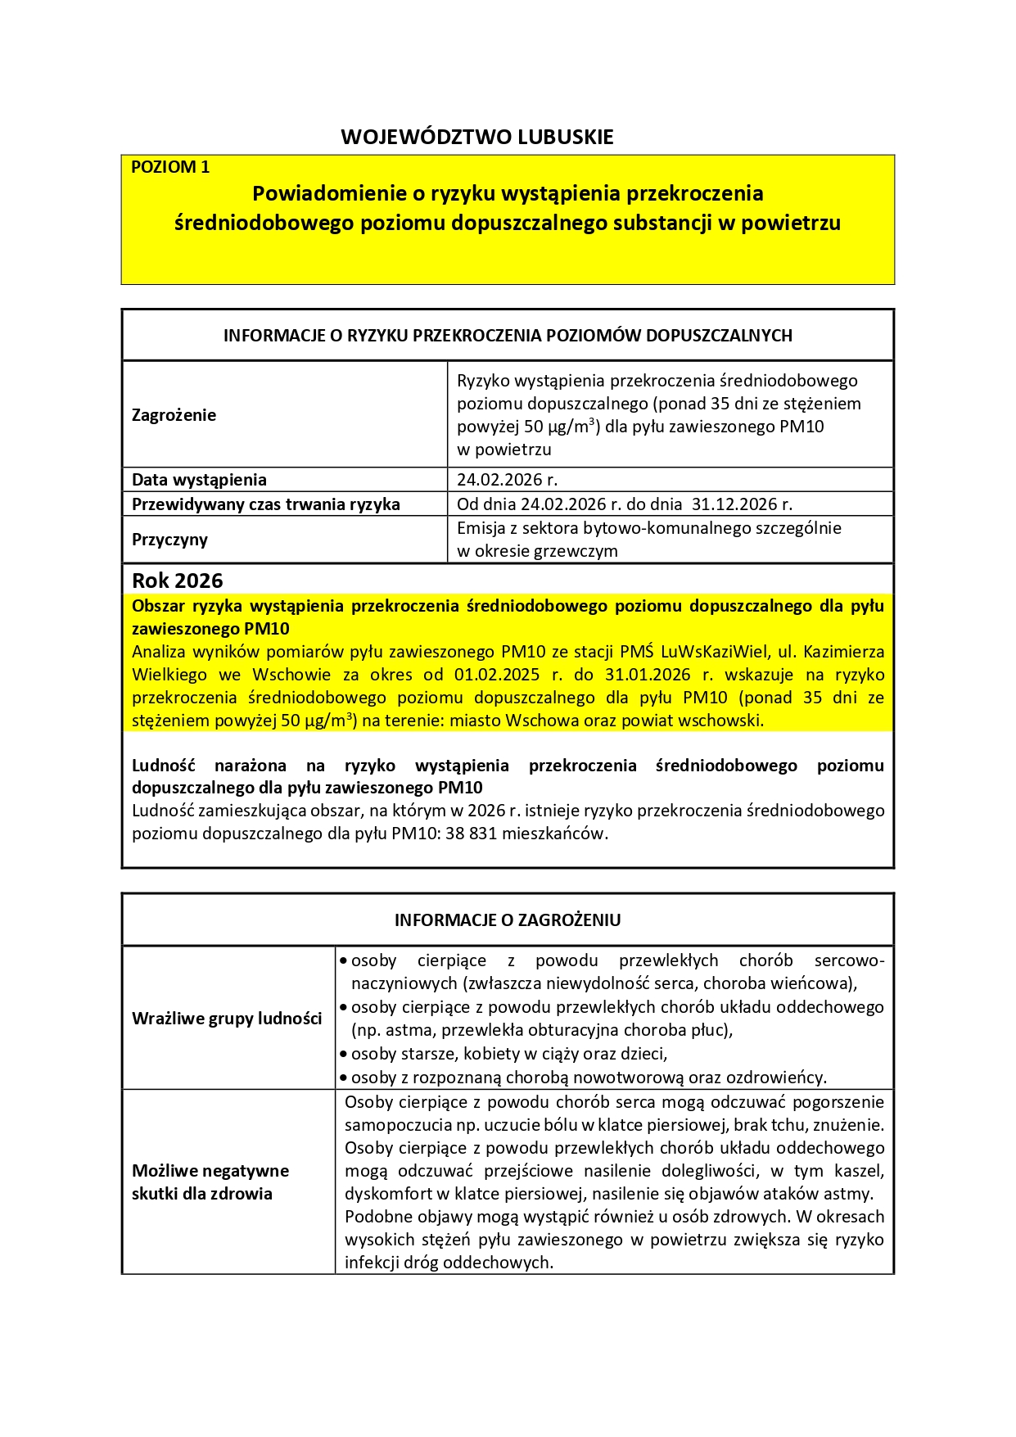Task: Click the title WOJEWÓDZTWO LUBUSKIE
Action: tap(476, 137)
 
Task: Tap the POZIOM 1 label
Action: tap(170, 167)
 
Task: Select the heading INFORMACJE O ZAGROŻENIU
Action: tap(508, 920)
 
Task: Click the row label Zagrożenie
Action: tap(174, 415)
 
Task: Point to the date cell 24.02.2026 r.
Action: tap(507, 480)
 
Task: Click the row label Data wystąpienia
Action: tap(199, 480)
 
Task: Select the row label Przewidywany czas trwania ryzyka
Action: tap(265, 504)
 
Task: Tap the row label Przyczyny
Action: tap(169, 540)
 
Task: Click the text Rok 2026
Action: tap(177, 581)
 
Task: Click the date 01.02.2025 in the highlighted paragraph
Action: tap(497, 675)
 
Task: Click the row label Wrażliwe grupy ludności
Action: tap(227, 1019)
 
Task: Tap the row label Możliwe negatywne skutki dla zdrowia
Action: tap(210, 1182)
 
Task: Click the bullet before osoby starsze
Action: tap(344, 1054)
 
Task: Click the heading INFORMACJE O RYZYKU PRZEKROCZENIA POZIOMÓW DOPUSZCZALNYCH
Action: tap(508, 336)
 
